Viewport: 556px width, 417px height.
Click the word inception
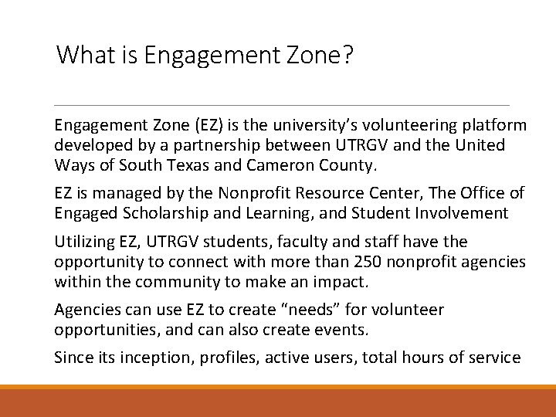pos(155,358)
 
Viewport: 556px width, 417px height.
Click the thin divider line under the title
pos(283,105)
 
